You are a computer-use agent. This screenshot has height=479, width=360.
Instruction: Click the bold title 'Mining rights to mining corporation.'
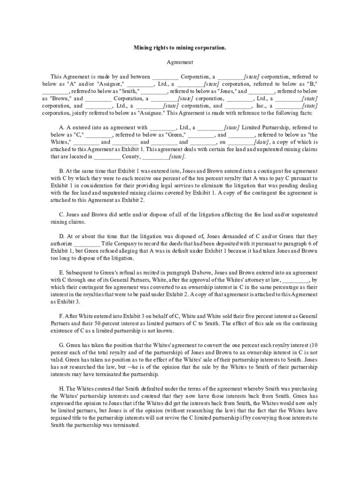click(x=180, y=47)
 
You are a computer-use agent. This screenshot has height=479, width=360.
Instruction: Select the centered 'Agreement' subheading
click(x=180, y=62)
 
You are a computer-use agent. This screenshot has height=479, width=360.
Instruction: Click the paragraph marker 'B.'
click(x=62, y=171)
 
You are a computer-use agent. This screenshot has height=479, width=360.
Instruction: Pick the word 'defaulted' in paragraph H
click(x=152, y=389)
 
